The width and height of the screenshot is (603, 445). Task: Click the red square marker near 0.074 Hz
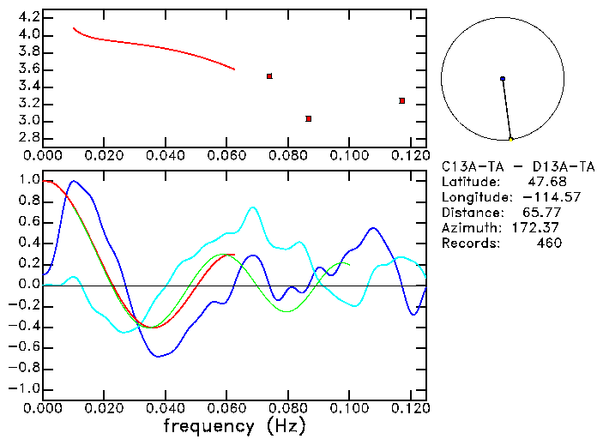click(x=269, y=76)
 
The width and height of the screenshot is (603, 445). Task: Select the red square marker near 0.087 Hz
click(x=309, y=118)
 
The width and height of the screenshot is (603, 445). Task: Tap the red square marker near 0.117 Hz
click(x=401, y=101)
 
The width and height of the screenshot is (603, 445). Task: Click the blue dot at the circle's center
click(x=503, y=79)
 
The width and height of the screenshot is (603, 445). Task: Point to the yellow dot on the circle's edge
click(x=511, y=139)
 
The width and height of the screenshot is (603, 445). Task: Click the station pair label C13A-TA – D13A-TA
click(x=512, y=165)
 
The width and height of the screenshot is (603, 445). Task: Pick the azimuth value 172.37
click(x=540, y=227)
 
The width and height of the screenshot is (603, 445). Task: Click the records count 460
click(x=548, y=243)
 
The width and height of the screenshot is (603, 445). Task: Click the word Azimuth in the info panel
click(x=469, y=227)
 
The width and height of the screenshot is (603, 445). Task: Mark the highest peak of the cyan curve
click(x=252, y=207)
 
